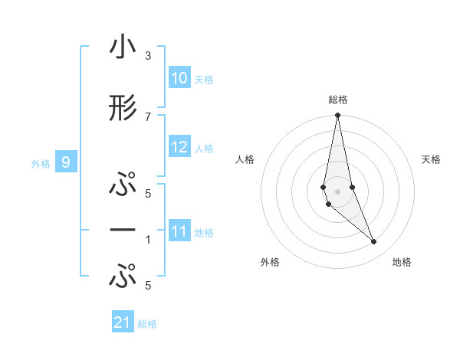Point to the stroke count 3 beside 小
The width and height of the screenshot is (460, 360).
(147, 56)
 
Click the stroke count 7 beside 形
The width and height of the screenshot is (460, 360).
(147, 116)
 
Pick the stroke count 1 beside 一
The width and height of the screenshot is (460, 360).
(147, 239)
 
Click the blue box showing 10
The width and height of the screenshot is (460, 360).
(179, 78)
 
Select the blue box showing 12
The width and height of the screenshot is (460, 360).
(179, 147)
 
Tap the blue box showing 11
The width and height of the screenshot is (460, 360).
(179, 231)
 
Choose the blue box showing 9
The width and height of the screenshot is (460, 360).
(67, 162)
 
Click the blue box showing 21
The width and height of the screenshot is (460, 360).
(123, 322)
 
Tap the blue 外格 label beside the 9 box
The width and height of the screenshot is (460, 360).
(41, 163)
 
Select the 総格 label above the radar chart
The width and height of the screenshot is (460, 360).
(338, 100)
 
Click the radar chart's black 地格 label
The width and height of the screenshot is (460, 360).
(402, 262)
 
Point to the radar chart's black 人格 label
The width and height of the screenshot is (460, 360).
(245, 159)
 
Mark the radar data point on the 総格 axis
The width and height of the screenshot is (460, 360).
(337, 116)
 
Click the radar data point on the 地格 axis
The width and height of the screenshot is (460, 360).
(374, 242)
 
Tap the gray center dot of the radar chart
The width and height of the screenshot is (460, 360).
(337, 191)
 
